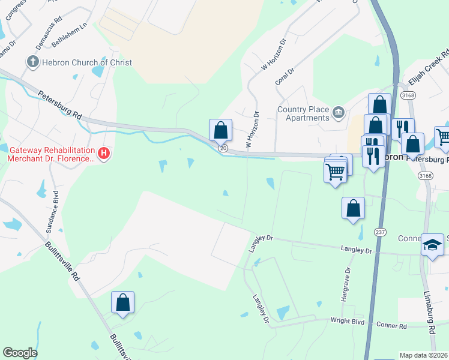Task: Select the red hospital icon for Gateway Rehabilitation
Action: coord(104,154)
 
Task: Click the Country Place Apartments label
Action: coord(303,113)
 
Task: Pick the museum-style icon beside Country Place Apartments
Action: coord(339,112)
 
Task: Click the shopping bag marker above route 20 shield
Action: coord(220,130)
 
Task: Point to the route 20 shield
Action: coord(223,148)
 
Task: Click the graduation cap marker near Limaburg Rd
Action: coord(432,245)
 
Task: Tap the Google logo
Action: coord(20,353)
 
